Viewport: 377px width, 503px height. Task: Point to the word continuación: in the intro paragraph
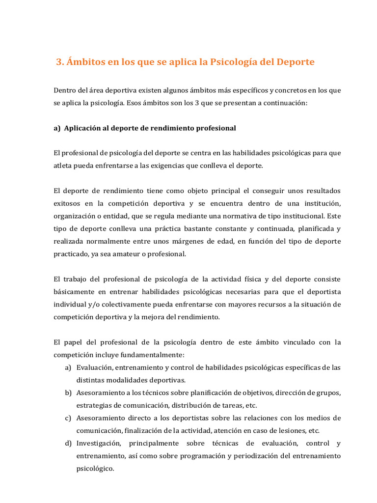(x=283, y=103)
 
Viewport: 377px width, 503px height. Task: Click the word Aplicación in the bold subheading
(x=84, y=128)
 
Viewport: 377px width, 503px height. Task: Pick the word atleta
(x=63, y=166)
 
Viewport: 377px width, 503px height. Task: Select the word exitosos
(x=67, y=203)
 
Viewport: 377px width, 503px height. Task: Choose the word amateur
(x=138, y=254)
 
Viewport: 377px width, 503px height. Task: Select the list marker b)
(x=68, y=393)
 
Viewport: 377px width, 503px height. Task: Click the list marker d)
(x=68, y=444)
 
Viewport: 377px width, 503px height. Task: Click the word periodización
(x=231, y=456)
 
